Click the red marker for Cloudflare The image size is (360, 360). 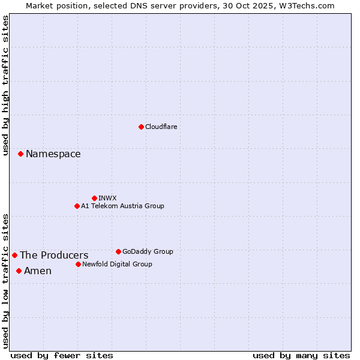point(141,127)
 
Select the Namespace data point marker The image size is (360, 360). point(20,154)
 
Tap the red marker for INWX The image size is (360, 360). point(94,198)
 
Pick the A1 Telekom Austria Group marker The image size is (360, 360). point(77,206)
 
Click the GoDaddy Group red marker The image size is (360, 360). point(118,251)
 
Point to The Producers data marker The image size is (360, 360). point(14,255)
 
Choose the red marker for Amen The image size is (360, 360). point(19,271)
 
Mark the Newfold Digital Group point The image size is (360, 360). point(78,264)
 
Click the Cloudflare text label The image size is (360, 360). point(161,127)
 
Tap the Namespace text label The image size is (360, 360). point(53,154)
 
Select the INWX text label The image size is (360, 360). point(107,198)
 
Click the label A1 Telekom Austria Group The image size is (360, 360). point(122,206)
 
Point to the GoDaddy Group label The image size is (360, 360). point(148,251)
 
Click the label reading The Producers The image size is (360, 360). point(54,255)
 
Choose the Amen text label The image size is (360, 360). point(38,271)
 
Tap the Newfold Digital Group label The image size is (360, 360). point(117,264)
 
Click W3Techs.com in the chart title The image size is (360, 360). point(305,5)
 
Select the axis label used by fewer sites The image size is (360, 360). point(62,355)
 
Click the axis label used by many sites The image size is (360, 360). point(301,355)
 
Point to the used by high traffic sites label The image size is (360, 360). point(5,85)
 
